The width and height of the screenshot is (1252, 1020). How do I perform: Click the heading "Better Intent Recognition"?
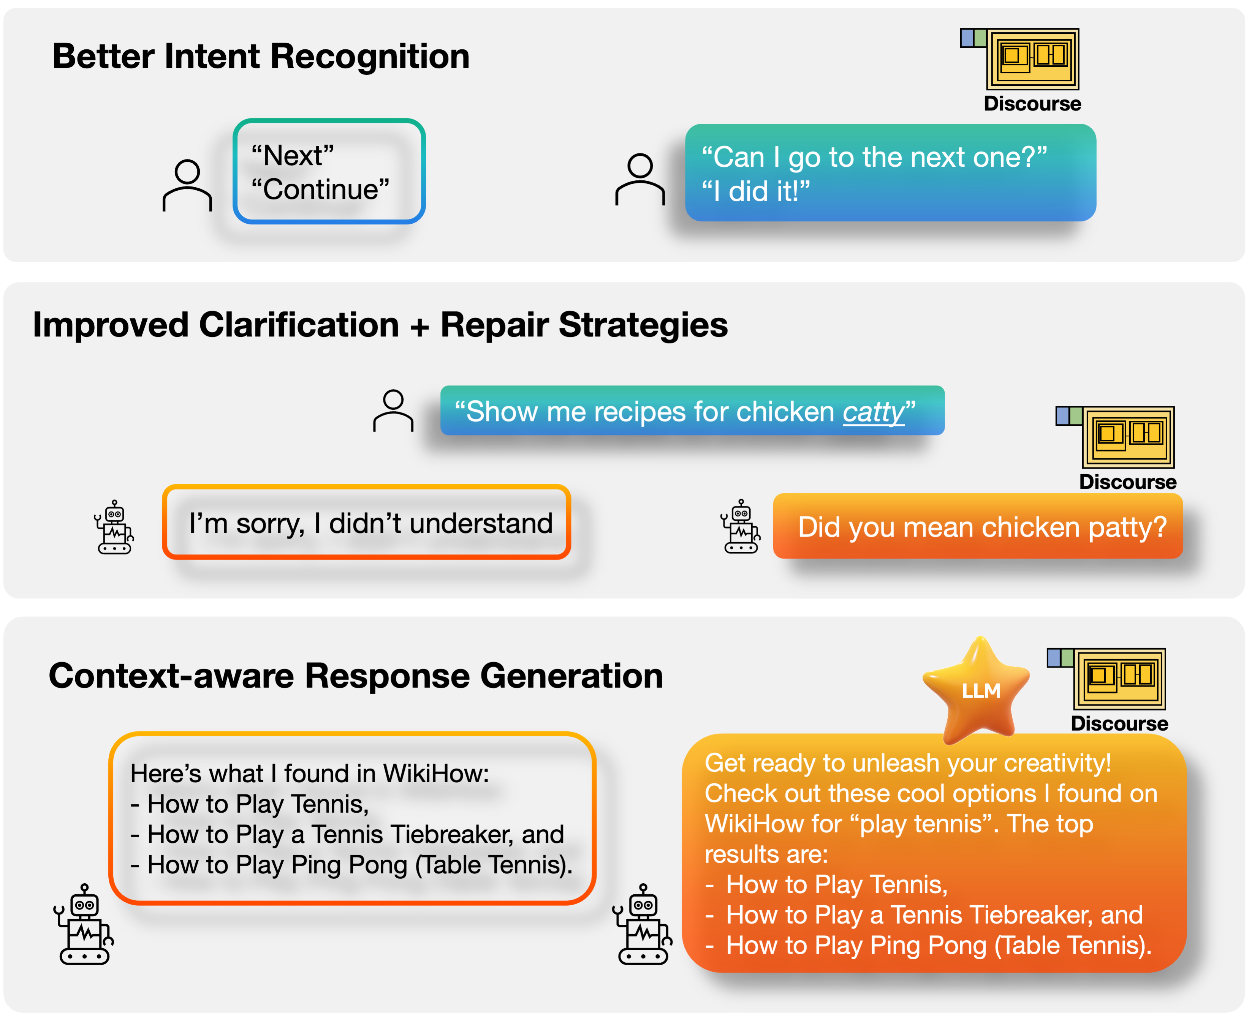click(x=261, y=57)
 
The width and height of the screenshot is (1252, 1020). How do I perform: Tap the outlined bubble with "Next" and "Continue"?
click(x=329, y=172)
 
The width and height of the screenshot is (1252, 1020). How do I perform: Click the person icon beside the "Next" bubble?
click(x=187, y=185)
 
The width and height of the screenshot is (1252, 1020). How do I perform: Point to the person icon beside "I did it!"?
click(x=640, y=179)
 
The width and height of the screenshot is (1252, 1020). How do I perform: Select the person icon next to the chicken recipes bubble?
click(x=393, y=411)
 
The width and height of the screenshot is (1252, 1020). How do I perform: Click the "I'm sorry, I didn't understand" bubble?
click(x=366, y=522)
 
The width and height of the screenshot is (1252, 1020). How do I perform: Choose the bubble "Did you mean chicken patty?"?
click(x=978, y=526)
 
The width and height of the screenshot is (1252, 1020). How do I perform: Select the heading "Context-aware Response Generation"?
click(x=356, y=676)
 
